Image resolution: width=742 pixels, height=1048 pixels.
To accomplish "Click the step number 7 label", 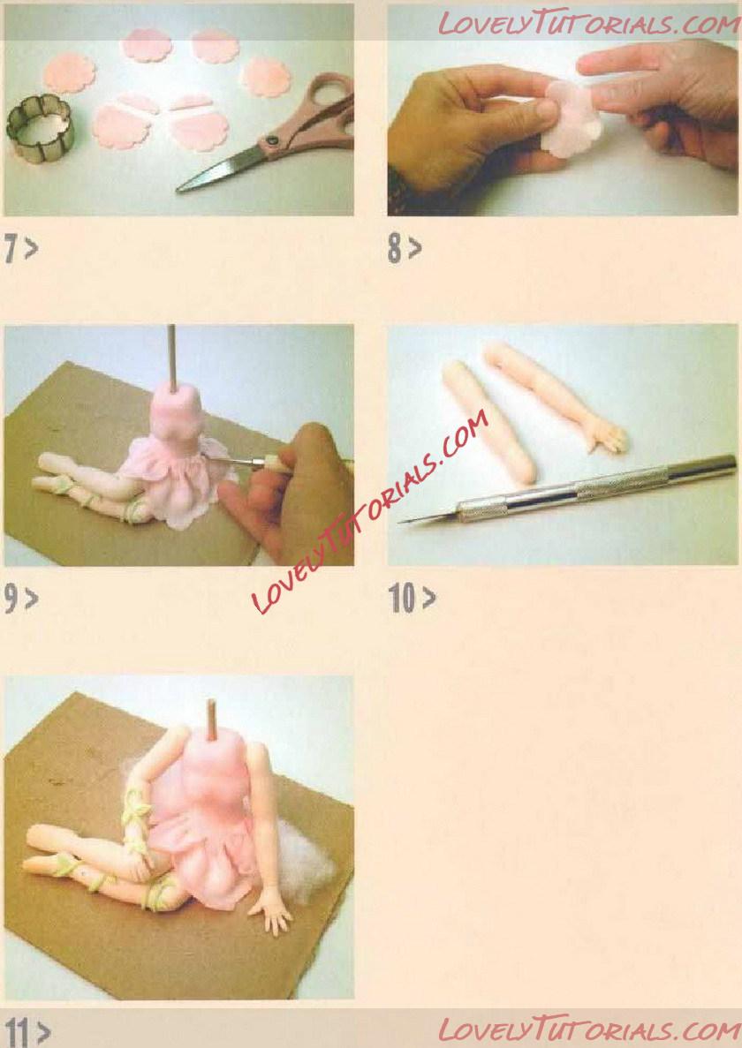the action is click(x=20, y=249).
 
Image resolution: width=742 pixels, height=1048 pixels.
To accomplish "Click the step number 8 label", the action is click(x=405, y=249).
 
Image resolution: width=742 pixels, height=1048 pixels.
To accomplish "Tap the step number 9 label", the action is click(x=20, y=599).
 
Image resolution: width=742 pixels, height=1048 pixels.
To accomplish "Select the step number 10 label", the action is click(x=412, y=599).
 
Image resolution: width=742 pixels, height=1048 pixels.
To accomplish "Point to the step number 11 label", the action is click(x=26, y=1032).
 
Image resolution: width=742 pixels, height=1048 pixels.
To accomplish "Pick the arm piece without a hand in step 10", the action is click(x=489, y=422).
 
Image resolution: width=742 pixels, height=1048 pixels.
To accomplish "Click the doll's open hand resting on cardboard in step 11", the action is click(x=271, y=912).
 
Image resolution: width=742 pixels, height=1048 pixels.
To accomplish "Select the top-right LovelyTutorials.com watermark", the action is click(x=589, y=24).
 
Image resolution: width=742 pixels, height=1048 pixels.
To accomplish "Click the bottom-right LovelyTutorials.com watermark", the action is click(x=589, y=1029).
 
